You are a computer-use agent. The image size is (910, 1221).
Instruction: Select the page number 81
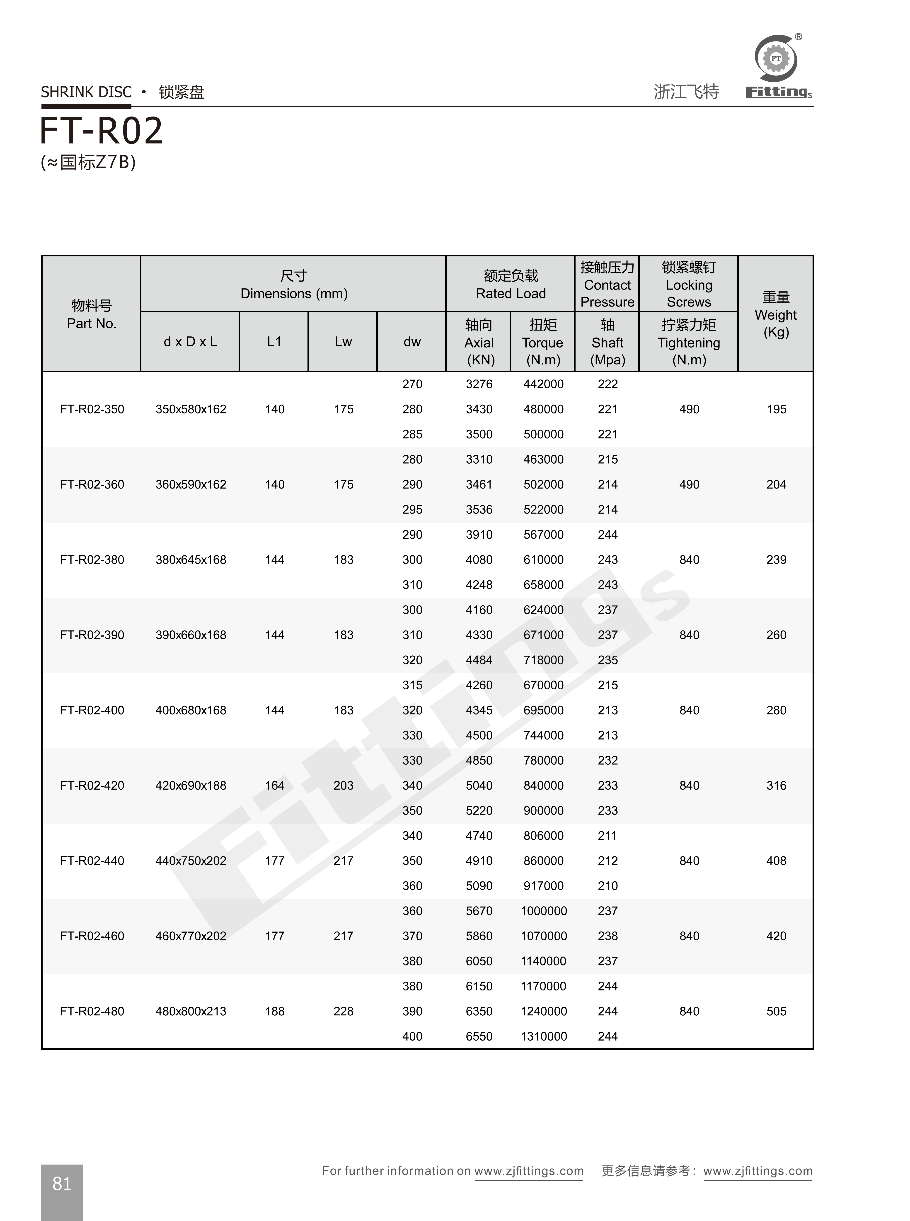[62, 1183]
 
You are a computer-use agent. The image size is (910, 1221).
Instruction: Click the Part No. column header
[92, 314]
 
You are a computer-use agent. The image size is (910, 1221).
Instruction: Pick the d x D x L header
[190, 342]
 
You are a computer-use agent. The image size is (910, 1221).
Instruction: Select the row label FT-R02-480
[92, 1011]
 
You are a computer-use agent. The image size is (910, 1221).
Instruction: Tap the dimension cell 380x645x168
[191, 560]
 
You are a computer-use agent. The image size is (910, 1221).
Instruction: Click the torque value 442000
[543, 384]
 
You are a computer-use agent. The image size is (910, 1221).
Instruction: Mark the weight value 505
[776, 1011]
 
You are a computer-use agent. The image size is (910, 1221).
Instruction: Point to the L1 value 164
[274, 786]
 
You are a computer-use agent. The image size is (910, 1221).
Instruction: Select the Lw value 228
[343, 1011]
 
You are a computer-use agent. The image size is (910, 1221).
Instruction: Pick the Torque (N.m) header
[543, 342]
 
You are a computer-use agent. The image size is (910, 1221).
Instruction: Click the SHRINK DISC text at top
[87, 92]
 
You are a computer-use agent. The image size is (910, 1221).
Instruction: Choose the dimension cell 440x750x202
[191, 861]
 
